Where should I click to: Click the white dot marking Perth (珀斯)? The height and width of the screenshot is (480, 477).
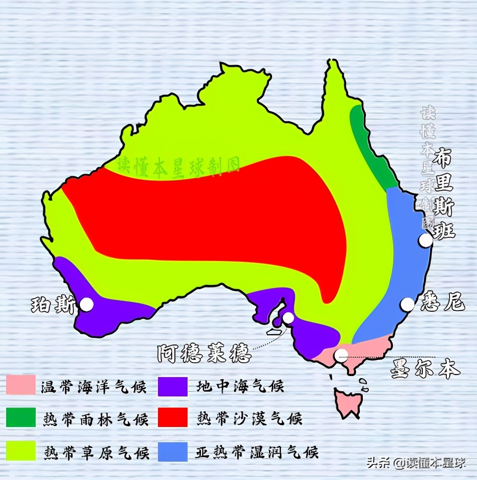(x=87, y=305)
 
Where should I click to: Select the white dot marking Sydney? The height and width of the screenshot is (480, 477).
(x=407, y=304)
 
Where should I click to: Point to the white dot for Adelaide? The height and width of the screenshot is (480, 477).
(x=288, y=318)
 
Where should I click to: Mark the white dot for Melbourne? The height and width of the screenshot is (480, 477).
(x=341, y=355)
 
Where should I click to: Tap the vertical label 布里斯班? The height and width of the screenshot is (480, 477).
(x=442, y=196)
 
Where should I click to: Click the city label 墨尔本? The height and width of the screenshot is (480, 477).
(x=425, y=368)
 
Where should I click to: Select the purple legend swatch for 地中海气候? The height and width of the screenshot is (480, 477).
(x=173, y=386)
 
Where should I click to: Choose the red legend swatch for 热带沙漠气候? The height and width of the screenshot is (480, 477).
(x=173, y=417)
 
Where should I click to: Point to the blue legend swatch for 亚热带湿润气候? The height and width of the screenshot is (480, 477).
(x=173, y=451)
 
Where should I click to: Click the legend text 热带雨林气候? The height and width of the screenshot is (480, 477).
(x=96, y=419)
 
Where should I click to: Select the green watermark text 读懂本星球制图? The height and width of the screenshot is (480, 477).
(x=179, y=166)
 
